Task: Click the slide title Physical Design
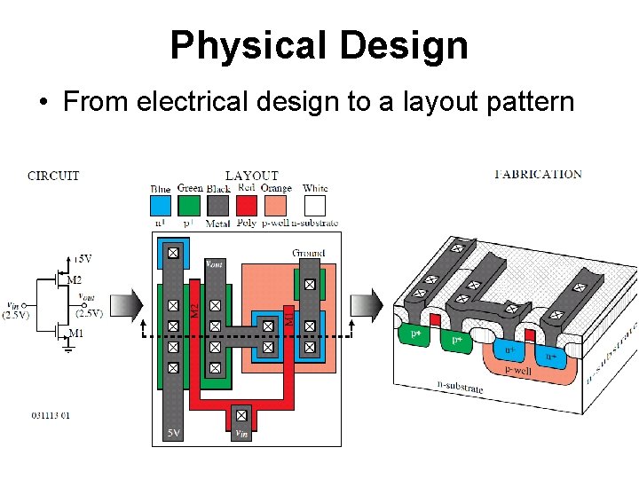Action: tap(319, 45)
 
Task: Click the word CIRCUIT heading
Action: tap(53, 176)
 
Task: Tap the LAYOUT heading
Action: tap(252, 176)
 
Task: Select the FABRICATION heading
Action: tap(538, 174)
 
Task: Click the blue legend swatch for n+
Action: tap(161, 206)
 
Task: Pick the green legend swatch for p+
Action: tap(189, 206)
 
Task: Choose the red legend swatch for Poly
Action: tap(247, 206)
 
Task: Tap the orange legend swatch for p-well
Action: tap(276, 206)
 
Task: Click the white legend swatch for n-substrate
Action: tap(315, 206)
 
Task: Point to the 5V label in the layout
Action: tap(176, 433)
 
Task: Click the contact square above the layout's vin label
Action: tap(241, 413)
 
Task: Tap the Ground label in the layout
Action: tap(308, 253)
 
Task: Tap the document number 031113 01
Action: tap(51, 415)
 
